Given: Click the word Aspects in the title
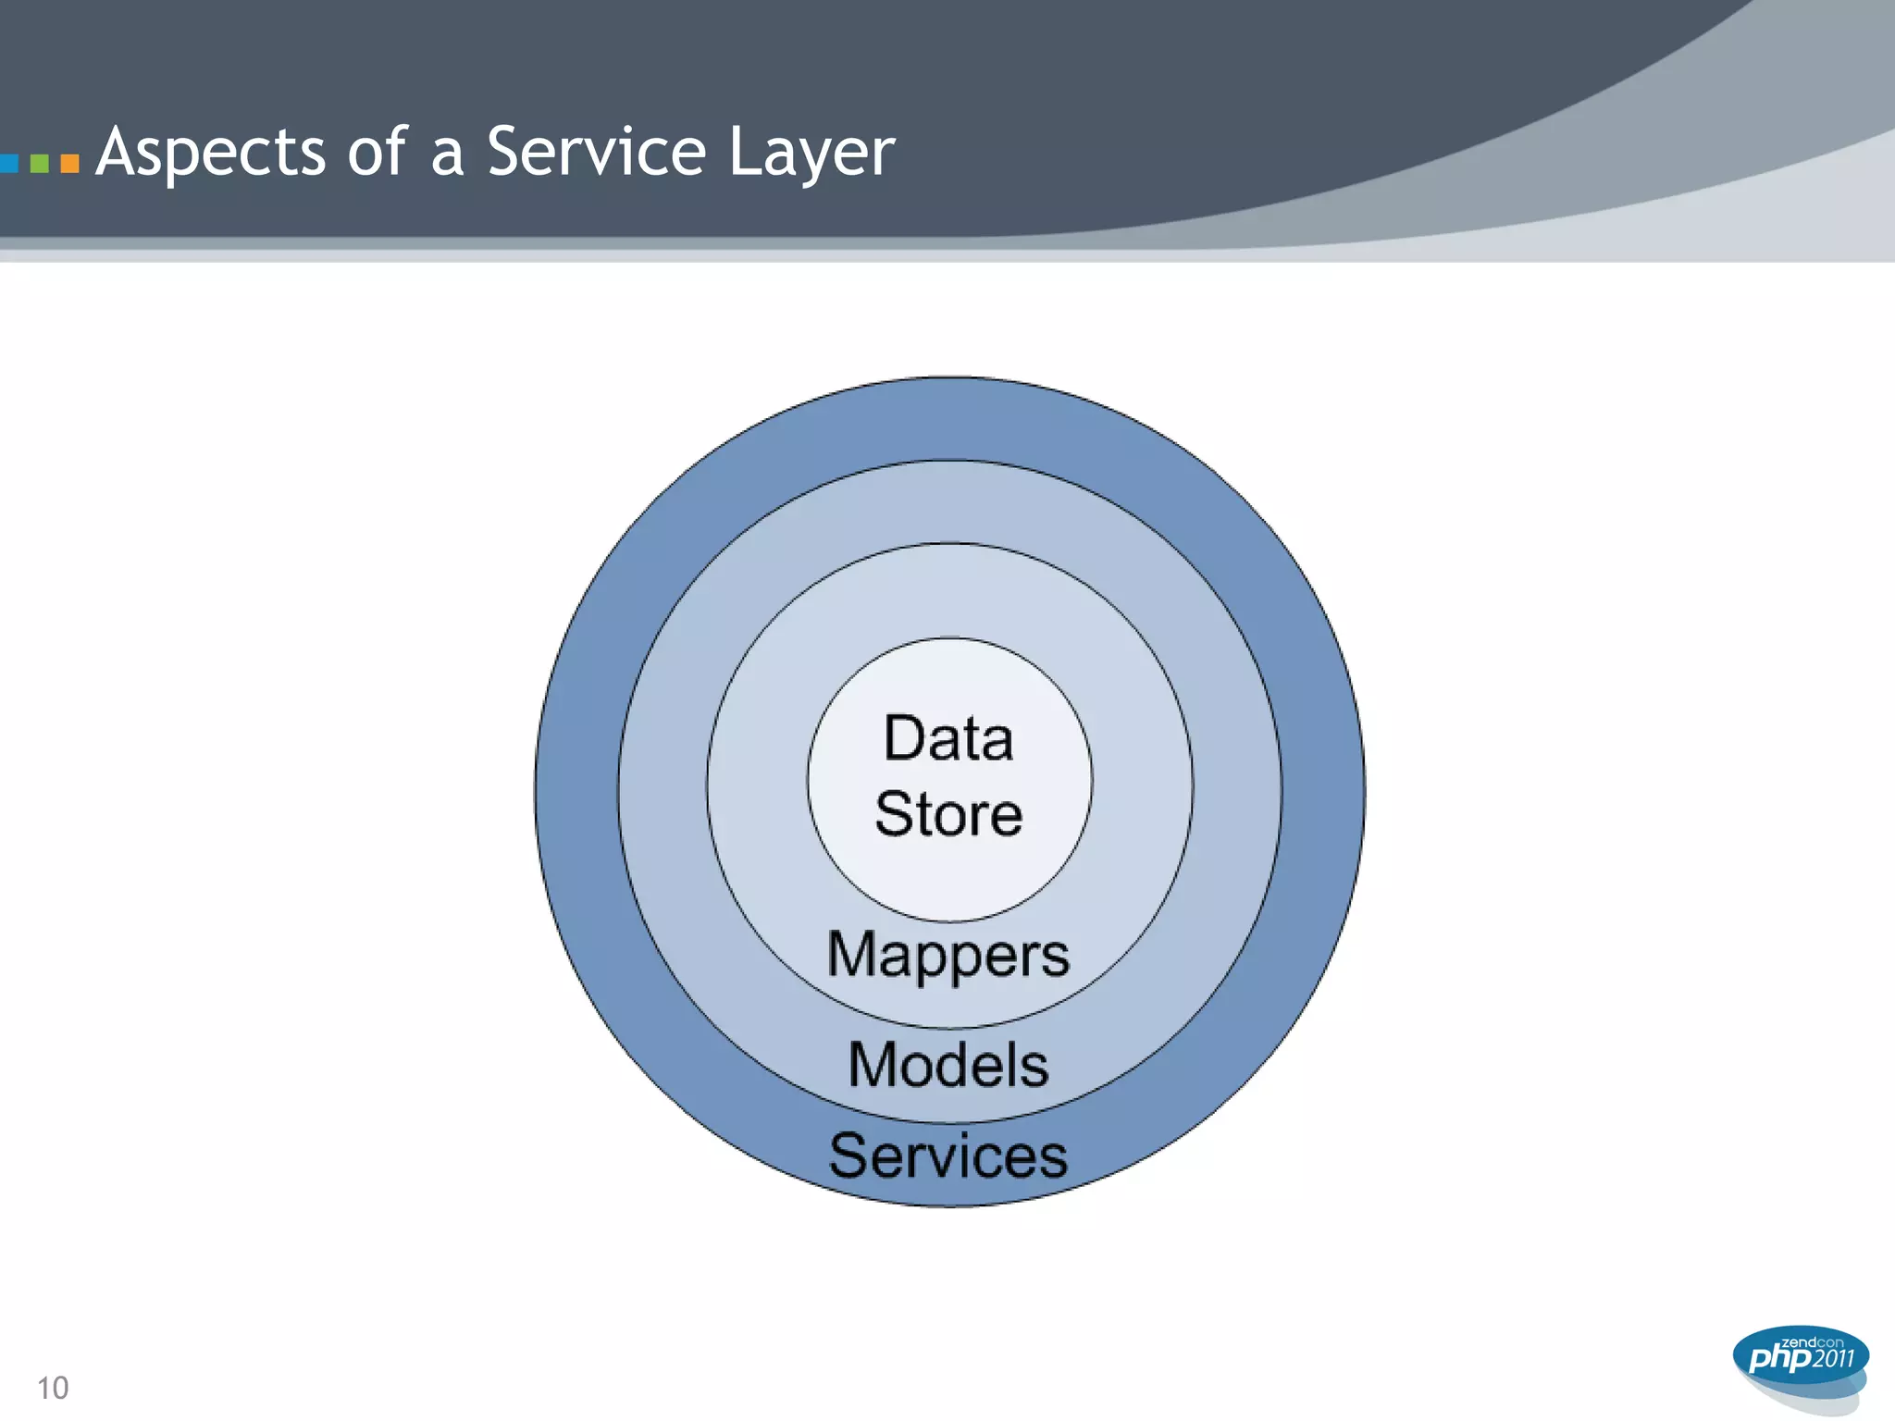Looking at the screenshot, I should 211,153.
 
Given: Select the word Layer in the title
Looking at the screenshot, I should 811,153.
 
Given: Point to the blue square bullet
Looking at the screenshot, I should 8,164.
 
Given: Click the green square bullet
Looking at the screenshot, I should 39,164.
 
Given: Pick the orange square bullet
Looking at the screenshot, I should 69,164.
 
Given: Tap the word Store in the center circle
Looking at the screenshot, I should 948,814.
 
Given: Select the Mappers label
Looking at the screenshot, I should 948,955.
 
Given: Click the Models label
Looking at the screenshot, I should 948,1064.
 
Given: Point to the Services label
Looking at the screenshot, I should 948,1155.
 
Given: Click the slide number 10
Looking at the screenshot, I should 53,1388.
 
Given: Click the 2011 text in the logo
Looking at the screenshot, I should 1833,1359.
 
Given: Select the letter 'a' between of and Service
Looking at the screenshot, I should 447,154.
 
